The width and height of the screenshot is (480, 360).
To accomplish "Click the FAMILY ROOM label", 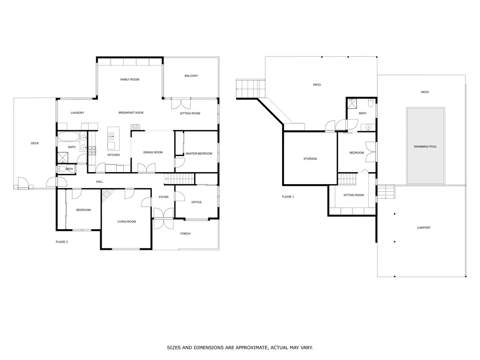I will [x=130, y=80].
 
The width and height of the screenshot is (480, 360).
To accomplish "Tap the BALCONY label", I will [x=191, y=76].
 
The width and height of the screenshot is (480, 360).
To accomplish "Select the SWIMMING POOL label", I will [x=425, y=147].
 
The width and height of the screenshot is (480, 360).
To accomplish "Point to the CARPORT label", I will [x=424, y=228].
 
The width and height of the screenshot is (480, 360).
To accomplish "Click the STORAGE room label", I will [x=310, y=159].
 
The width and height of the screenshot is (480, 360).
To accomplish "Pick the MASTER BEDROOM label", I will [x=199, y=154].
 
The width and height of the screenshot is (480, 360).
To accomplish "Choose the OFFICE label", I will [x=196, y=202].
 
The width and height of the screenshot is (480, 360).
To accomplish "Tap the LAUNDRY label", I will [x=77, y=113].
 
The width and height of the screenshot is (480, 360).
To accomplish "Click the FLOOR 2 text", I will [x=62, y=242].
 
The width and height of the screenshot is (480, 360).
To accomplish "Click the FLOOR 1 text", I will [x=288, y=197].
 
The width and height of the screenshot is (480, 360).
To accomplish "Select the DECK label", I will [x=35, y=143].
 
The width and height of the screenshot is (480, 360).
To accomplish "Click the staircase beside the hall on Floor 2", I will [x=179, y=179].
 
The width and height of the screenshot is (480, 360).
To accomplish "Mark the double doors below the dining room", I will [x=146, y=167].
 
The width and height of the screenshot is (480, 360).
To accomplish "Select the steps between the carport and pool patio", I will [x=386, y=191].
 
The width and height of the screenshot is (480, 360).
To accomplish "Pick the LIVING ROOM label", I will [x=127, y=221].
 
